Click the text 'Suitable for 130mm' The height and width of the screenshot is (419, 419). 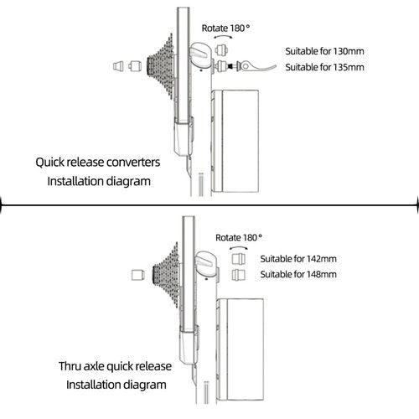point(324,51)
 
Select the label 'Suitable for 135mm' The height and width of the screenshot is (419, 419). point(324,67)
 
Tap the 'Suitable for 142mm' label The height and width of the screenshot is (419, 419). point(298,259)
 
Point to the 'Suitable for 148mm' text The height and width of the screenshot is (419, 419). point(298,274)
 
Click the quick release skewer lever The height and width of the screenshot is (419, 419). point(256,66)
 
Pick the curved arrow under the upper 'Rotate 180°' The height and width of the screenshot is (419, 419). point(224,37)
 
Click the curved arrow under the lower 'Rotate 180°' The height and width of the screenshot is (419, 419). point(238,247)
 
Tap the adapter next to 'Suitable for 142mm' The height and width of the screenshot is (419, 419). point(239,259)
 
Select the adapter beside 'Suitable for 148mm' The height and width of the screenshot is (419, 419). point(239,275)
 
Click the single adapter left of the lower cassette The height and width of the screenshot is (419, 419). point(138,275)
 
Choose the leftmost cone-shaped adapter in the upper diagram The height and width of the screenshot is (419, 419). point(118,66)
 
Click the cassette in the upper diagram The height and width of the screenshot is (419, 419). point(160,66)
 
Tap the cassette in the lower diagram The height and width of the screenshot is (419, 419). point(166,275)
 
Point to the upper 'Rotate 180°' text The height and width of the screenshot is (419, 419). point(225,28)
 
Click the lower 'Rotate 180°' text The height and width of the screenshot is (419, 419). point(239,238)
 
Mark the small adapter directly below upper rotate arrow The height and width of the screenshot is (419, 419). point(221,50)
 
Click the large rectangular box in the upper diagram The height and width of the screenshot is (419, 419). point(235,141)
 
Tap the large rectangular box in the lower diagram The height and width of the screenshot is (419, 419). point(241,349)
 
